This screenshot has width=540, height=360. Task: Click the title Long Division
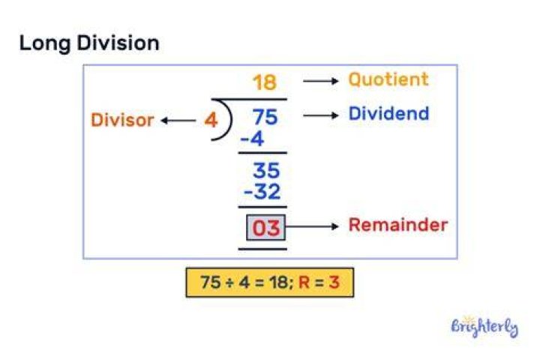click(89, 43)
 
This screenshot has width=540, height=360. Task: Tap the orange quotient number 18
click(265, 82)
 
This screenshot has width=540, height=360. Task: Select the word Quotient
click(388, 79)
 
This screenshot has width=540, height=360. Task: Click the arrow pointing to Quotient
click(321, 81)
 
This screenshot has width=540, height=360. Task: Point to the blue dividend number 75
click(265, 117)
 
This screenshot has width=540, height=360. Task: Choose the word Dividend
click(388, 113)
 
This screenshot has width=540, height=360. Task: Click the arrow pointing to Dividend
click(321, 115)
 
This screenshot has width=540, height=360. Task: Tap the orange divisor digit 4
click(211, 120)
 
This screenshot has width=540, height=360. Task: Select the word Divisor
click(122, 120)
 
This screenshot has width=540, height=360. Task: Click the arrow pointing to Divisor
click(178, 121)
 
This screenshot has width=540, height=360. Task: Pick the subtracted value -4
click(252, 139)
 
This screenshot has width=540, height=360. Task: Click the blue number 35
click(265, 170)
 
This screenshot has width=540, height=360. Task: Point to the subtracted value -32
click(262, 192)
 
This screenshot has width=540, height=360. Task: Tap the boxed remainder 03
click(265, 227)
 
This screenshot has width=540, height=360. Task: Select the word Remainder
click(398, 225)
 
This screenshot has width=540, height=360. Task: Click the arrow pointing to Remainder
click(312, 226)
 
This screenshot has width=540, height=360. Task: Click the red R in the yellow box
click(304, 283)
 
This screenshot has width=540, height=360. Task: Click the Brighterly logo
click(484, 326)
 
